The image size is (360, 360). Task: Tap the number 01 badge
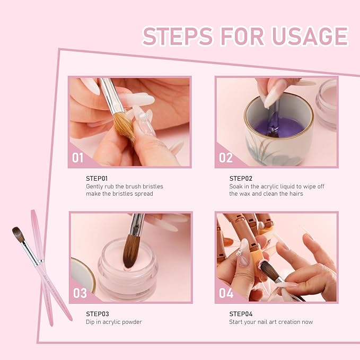[x=78, y=157]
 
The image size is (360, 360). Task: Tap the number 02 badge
[x=225, y=157]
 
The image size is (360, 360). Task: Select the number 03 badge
[x=80, y=293]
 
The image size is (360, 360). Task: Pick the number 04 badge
[x=226, y=293]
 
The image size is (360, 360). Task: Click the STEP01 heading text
[x=96, y=179]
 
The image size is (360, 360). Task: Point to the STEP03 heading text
[x=97, y=314]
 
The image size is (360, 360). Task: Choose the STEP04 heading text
[x=241, y=314]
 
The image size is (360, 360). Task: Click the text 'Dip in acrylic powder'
[x=114, y=322]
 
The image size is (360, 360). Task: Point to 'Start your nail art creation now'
[x=271, y=322]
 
